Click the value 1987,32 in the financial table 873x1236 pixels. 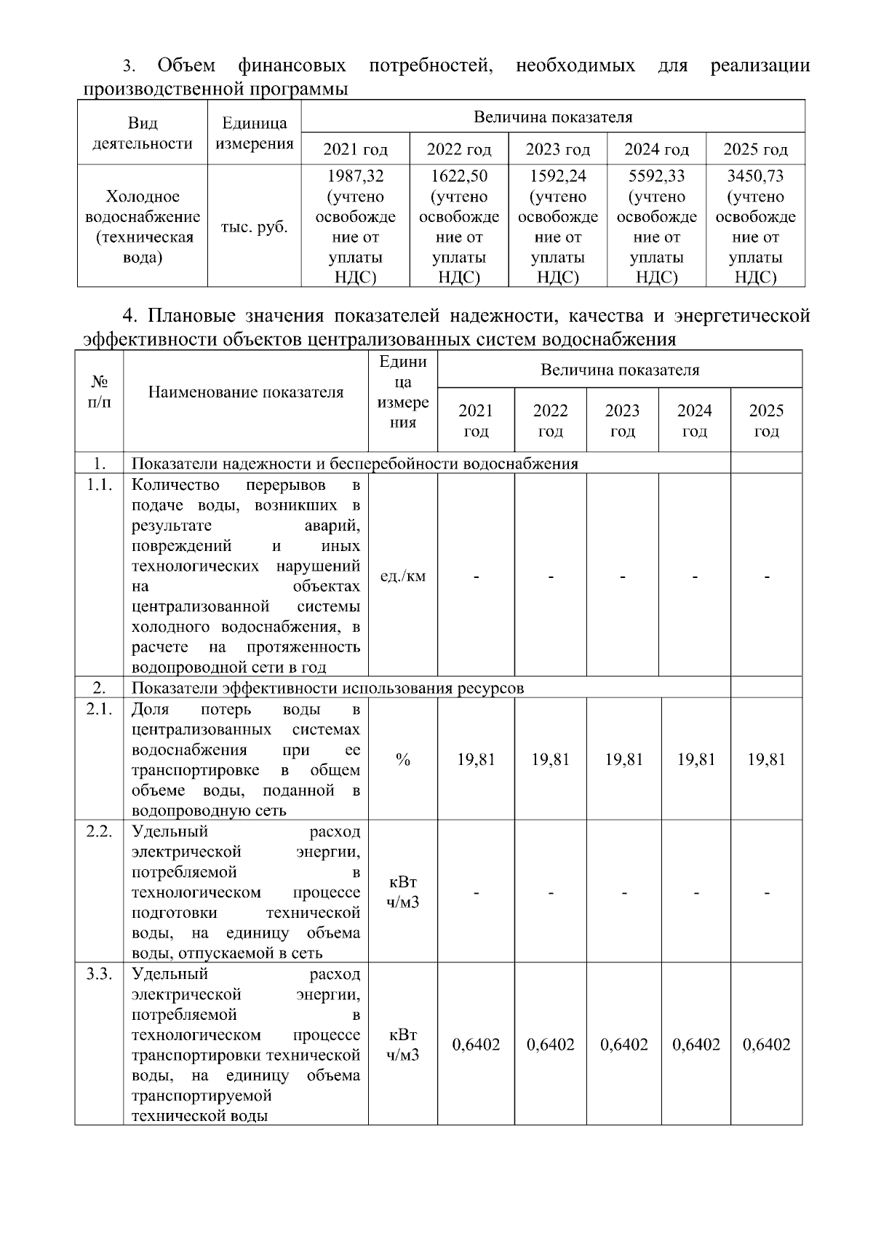(x=355, y=176)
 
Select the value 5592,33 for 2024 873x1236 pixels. (x=656, y=176)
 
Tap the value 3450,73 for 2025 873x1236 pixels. (x=755, y=176)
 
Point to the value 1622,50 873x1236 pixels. (x=459, y=176)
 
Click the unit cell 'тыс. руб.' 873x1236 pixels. (x=254, y=227)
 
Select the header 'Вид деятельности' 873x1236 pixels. (x=143, y=133)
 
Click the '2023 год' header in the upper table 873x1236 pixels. (x=557, y=150)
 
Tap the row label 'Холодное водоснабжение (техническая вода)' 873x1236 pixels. (x=143, y=227)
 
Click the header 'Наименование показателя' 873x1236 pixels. (x=246, y=392)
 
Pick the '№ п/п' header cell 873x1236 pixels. (x=100, y=392)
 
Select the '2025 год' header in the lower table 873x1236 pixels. (x=766, y=421)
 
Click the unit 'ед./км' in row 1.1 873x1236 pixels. (x=403, y=577)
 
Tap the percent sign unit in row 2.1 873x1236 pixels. (x=403, y=760)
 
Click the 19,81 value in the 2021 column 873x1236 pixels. (x=476, y=760)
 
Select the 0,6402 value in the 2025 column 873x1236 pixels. (x=766, y=1045)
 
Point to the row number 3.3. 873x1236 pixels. (x=99, y=975)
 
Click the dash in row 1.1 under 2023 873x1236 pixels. (x=623, y=577)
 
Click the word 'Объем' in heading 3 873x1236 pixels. (x=186, y=66)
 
